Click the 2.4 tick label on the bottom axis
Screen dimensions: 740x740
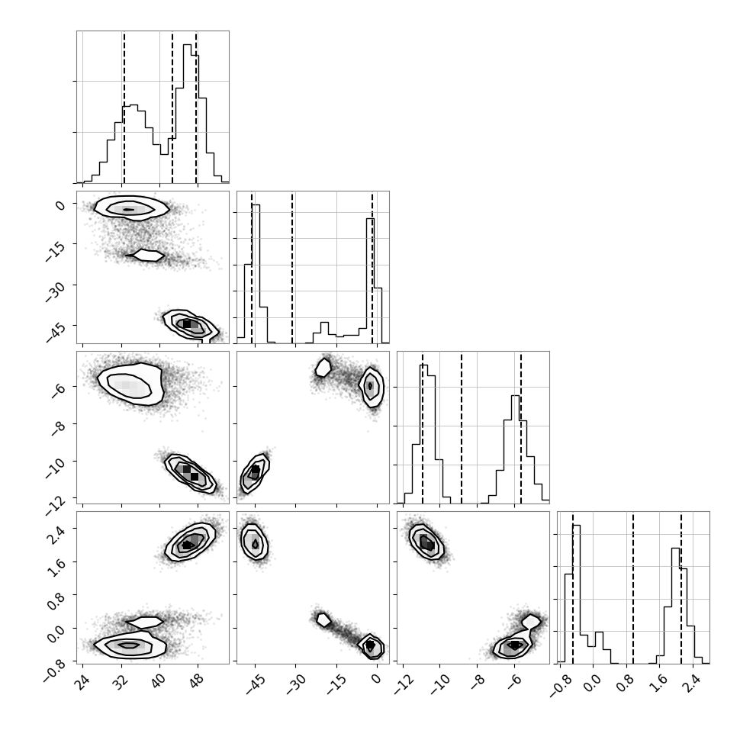[x=691, y=683]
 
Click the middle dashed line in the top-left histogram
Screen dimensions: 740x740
[x=172, y=108]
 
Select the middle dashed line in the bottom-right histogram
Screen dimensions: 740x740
[x=632, y=587]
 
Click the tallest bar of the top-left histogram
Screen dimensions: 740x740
[x=187, y=113]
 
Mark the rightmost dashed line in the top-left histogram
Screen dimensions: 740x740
[x=196, y=108]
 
